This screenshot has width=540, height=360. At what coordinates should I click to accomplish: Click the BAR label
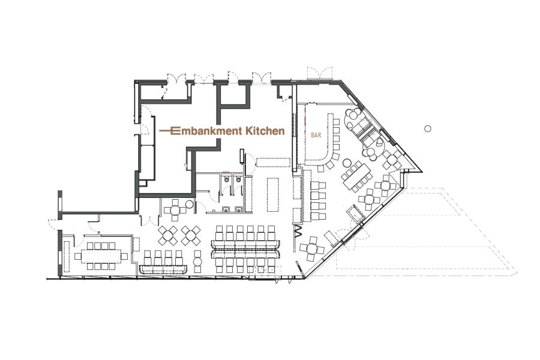316,136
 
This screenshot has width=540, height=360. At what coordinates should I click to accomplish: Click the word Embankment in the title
208,131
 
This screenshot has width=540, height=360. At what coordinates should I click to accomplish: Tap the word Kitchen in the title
265,131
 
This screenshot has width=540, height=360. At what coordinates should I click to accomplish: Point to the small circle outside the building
427,128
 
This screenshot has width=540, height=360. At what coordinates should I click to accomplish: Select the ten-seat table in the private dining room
101,256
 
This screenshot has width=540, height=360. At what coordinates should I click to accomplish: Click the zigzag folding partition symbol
298,231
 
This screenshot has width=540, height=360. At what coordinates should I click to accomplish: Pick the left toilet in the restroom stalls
226,179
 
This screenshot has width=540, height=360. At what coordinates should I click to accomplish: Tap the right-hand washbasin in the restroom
238,208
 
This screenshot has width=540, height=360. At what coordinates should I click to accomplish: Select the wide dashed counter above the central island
273,162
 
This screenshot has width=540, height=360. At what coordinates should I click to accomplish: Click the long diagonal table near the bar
356,175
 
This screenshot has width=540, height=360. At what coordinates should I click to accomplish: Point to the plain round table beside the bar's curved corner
347,162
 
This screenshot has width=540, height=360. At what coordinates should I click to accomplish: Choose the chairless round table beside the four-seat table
189,205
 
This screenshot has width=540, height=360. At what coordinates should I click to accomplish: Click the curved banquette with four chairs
163,269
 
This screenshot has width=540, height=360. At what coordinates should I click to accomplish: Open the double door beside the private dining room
150,219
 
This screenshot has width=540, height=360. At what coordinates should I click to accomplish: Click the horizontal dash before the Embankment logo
166,131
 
